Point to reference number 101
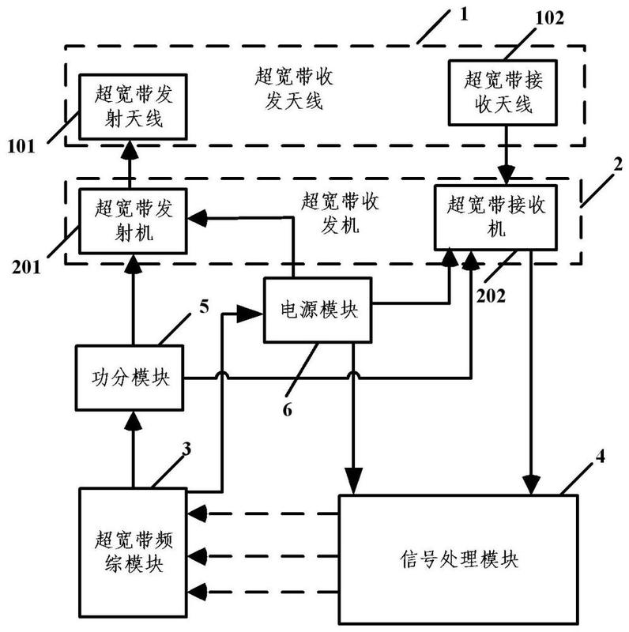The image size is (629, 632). [x=21, y=146]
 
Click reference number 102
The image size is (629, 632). [x=549, y=18]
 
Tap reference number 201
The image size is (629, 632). [x=26, y=267]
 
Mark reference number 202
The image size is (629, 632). [x=491, y=296]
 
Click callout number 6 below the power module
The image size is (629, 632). [x=287, y=410]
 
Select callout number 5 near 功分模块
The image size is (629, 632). [x=205, y=307]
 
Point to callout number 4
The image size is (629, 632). [x=600, y=457]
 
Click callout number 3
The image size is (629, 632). [x=186, y=449]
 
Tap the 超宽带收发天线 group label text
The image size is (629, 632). [x=293, y=88]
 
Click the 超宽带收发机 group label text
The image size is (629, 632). [x=340, y=213]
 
